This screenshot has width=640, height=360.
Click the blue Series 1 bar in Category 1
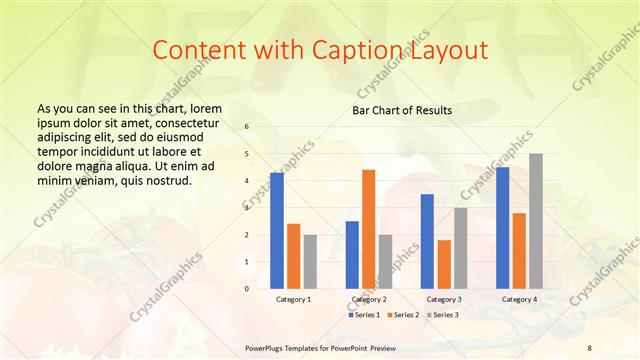coord(277,231)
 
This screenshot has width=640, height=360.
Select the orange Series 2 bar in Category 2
coord(369,229)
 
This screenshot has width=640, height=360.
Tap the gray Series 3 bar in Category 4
coord(536,221)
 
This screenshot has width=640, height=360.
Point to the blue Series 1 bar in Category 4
coord(502,228)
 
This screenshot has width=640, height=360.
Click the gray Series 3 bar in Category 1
coord(310,262)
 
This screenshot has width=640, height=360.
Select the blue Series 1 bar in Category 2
coord(352,255)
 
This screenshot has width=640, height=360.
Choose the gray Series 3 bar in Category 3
coord(461,248)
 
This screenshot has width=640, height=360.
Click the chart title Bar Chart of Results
coord(402,110)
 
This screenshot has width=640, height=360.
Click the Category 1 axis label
coord(293,299)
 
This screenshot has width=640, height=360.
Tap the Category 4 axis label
coord(518,299)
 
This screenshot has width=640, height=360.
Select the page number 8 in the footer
coord(589,347)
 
